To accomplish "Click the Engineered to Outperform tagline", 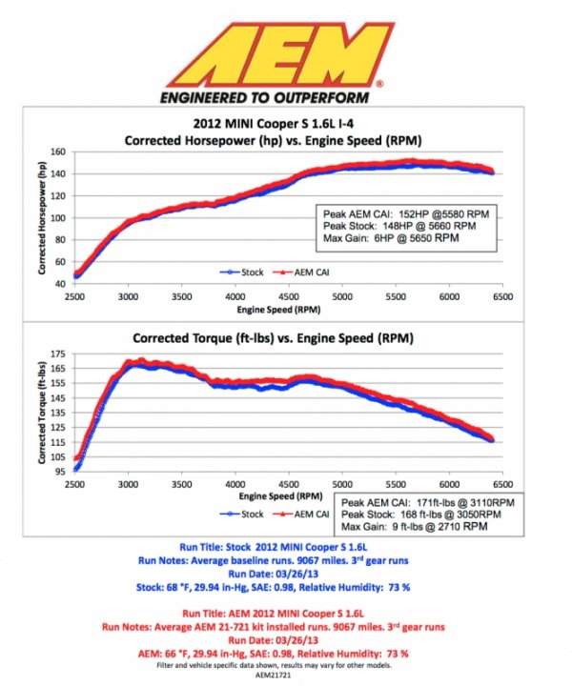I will tap(271, 97).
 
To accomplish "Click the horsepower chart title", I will tap(274, 140).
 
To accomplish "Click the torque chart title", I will tap(274, 337).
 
